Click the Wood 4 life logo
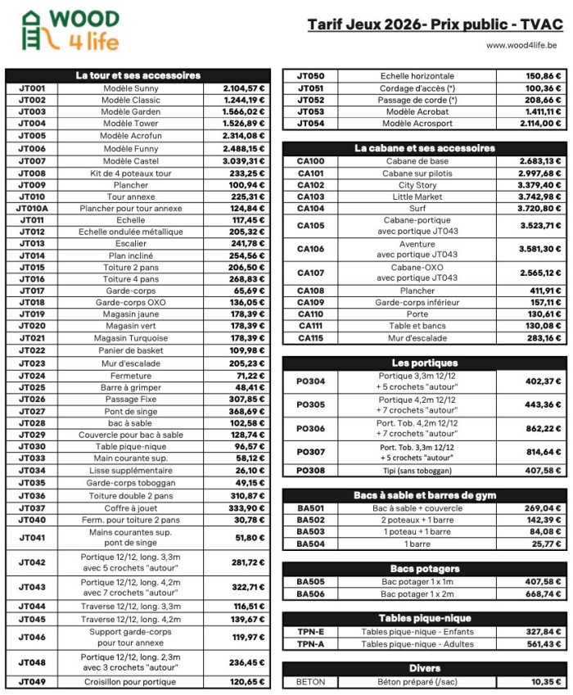pos(70,30)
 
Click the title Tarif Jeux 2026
pos(436,25)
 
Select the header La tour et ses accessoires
pos(138,75)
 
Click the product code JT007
pos(32,161)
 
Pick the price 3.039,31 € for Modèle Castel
pos(244,161)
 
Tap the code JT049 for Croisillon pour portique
pos(32,682)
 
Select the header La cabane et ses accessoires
pos(424,148)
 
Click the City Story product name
pos(417,185)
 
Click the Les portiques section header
pos(424,363)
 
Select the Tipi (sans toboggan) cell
pos(417,471)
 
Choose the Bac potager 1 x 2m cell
pos(417,593)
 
